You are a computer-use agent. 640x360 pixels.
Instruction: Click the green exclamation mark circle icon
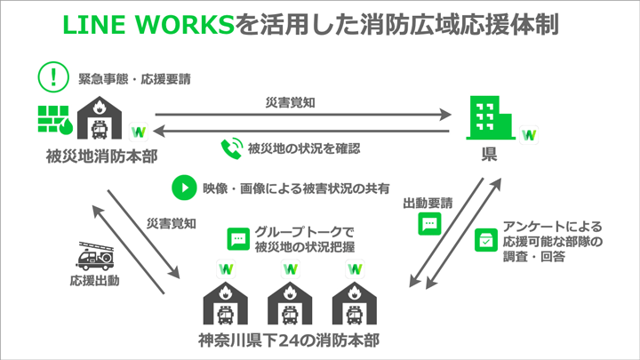52,77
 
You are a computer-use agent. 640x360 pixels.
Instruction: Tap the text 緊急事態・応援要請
134,78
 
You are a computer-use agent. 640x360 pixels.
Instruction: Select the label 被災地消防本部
94,157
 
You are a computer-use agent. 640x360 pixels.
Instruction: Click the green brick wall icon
55,124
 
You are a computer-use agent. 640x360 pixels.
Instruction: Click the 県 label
489,156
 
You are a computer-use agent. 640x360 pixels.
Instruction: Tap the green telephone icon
232,148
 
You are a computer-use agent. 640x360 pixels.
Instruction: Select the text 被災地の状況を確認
304,148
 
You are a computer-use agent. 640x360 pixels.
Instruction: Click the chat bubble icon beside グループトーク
238,237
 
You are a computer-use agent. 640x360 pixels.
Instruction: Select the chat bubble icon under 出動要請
429,225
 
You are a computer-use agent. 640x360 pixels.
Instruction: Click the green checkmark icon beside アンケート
485,240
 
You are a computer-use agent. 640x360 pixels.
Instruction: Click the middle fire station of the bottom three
290,303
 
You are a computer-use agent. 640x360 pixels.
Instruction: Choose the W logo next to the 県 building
530,135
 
